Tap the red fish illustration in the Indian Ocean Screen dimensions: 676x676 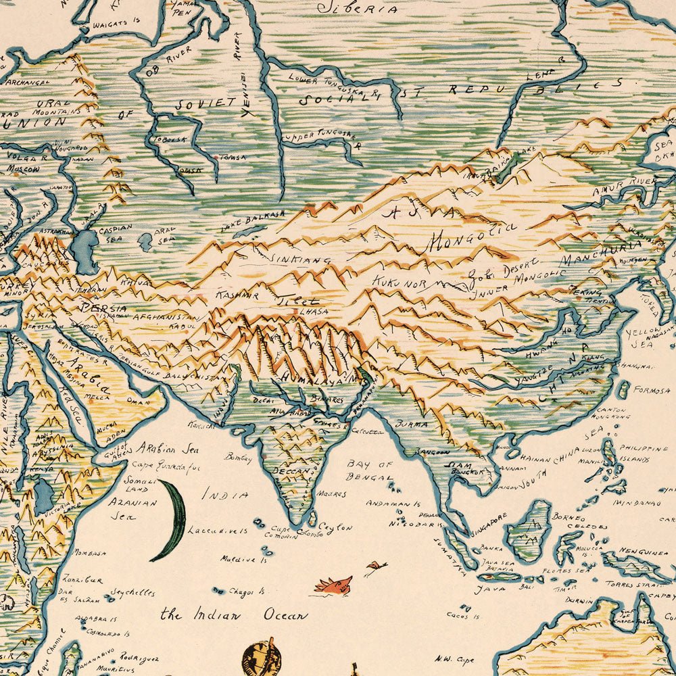pyautogui.click(x=333, y=583)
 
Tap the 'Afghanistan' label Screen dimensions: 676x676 pyautogui.click(x=166, y=316)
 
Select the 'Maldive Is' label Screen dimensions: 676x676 pyautogui.click(x=244, y=559)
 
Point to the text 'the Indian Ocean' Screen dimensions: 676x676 pyautogui.click(x=233, y=615)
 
